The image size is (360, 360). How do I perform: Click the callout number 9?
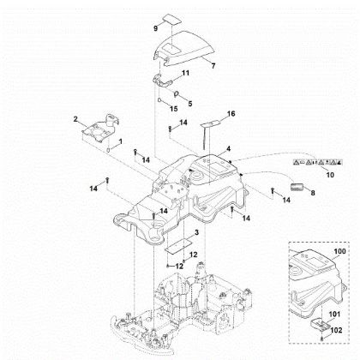(155, 27)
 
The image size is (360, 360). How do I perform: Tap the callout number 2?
(75, 117)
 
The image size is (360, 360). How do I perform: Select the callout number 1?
(120, 141)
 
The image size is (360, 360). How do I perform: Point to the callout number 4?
(227, 149)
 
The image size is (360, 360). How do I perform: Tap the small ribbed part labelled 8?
(296, 208)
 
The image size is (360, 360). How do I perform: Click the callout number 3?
(197, 233)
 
